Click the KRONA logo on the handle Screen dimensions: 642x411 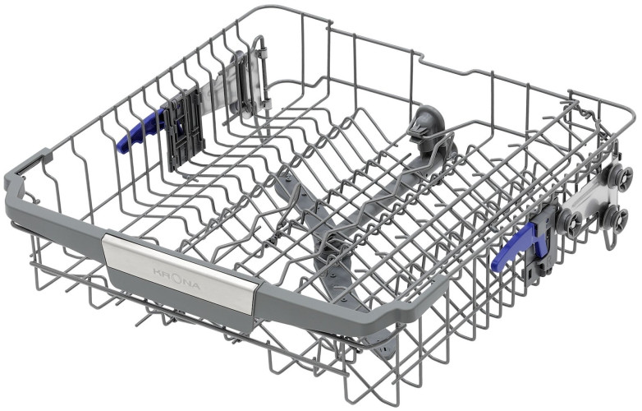pos(177,279)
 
